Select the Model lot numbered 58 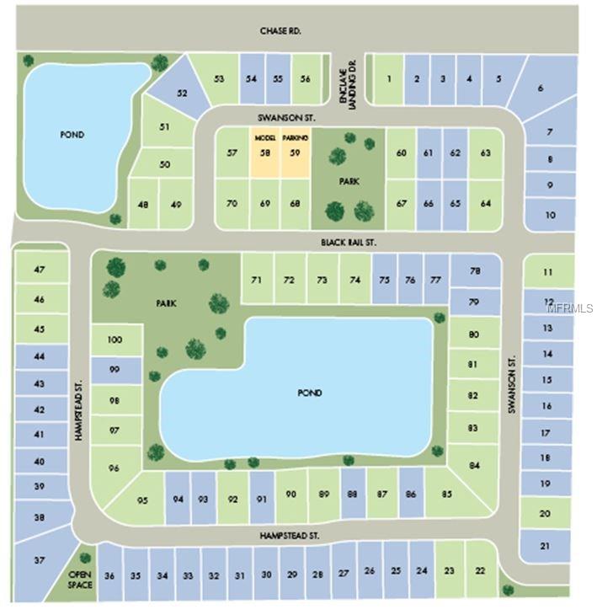click(264, 152)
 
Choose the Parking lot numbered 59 click(295, 152)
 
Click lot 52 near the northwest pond click(182, 93)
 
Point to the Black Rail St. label click(348, 242)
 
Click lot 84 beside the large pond click(475, 465)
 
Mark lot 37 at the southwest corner click(39, 560)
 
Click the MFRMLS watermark click(570, 307)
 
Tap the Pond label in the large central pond click(310, 393)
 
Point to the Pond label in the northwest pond click(72, 135)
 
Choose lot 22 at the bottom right click(480, 570)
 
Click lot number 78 click(475, 270)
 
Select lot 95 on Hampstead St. click(143, 500)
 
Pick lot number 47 click(39, 269)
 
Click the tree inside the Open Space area click(84, 558)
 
